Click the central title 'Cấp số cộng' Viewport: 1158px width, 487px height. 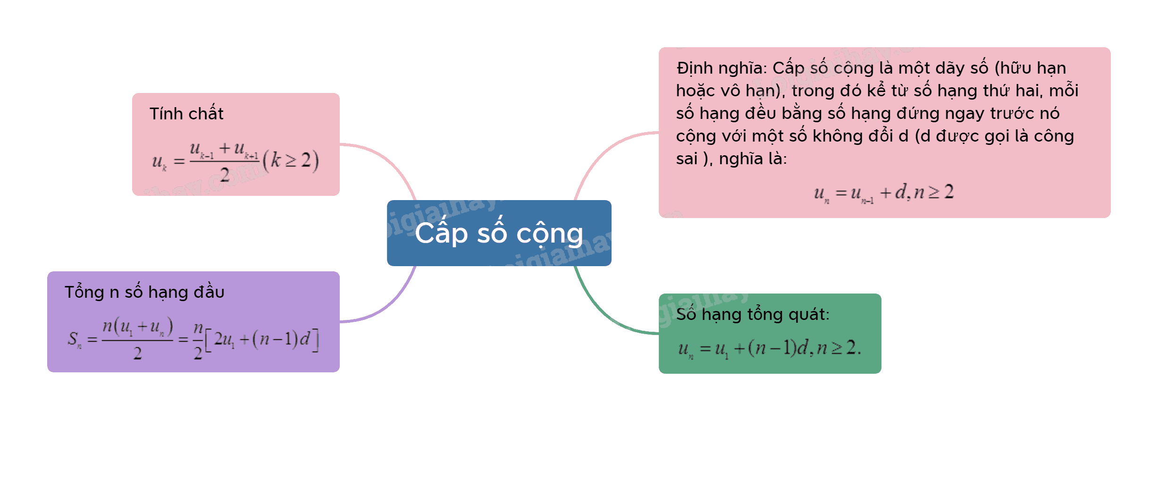(x=499, y=234)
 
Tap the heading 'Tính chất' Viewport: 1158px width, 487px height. (x=186, y=114)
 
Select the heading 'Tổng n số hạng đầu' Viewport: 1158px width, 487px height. (x=144, y=292)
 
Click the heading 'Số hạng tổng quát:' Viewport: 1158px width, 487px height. (x=753, y=314)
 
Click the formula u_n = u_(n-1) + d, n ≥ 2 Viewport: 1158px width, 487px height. (x=884, y=193)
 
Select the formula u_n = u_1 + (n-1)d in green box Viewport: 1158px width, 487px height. (x=770, y=349)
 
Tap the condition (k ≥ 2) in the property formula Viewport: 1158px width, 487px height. (x=291, y=160)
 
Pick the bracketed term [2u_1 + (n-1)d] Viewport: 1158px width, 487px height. (x=262, y=340)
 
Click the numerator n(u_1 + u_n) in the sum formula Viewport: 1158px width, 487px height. (x=138, y=327)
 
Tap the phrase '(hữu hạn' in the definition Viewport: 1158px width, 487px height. (x=1030, y=68)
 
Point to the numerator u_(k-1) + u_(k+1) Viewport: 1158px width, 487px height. (x=224, y=150)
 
